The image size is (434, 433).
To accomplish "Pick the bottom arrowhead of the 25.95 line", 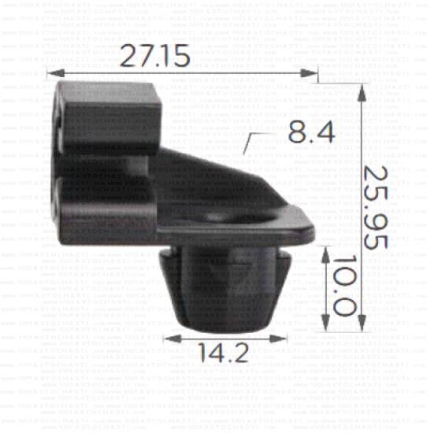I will [x=362, y=327].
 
